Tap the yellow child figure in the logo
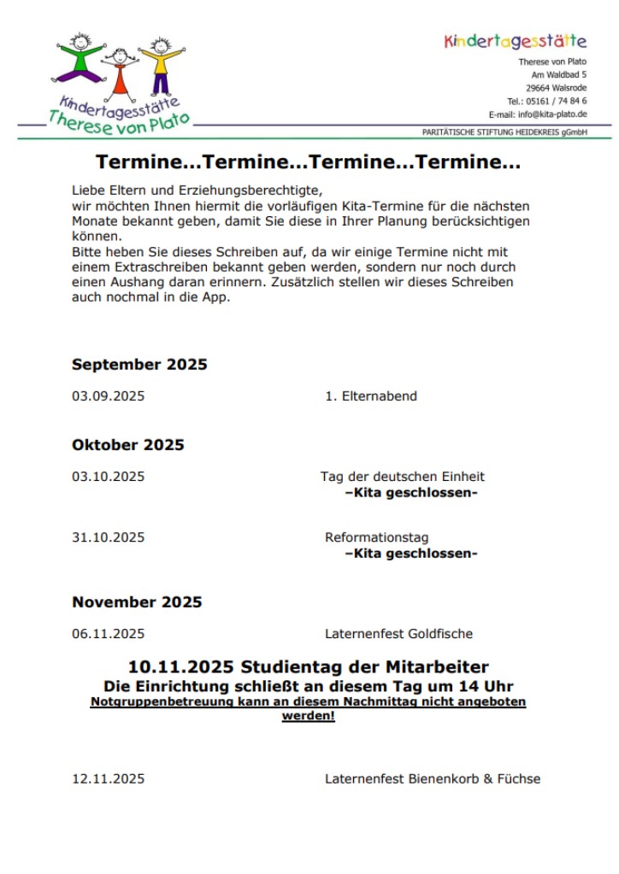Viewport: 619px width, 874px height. (x=160, y=62)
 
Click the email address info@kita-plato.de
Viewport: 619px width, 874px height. (x=551, y=114)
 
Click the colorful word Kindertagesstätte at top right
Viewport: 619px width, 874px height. (x=516, y=41)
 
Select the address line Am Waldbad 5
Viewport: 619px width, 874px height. (x=559, y=74)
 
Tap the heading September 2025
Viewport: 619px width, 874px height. (x=139, y=365)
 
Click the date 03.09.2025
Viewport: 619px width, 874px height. (x=108, y=396)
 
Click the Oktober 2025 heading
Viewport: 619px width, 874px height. (x=128, y=445)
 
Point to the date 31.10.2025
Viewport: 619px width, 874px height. (x=108, y=537)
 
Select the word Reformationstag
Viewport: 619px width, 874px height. (x=376, y=537)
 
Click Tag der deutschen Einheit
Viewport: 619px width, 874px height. (x=402, y=477)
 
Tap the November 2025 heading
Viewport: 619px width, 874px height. (x=137, y=602)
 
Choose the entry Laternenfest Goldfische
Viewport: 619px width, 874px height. (x=398, y=634)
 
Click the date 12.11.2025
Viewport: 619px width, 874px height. (x=108, y=778)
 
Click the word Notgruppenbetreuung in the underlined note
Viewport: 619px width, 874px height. (x=156, y=701)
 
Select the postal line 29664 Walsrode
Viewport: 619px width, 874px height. (x=556, y=88)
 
